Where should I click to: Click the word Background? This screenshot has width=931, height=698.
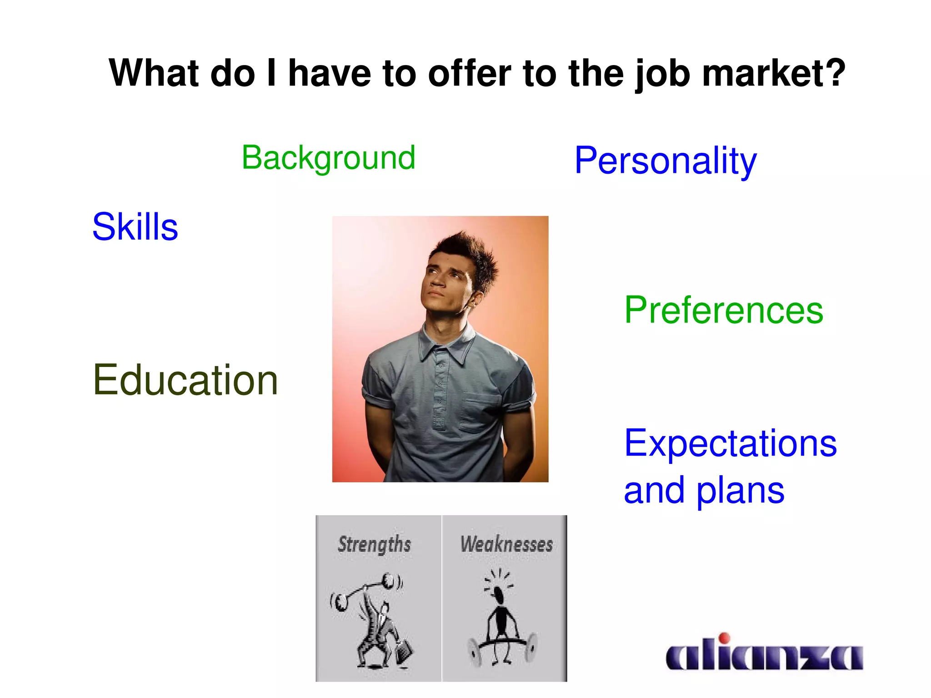pyautogui.click(x=328, y=158)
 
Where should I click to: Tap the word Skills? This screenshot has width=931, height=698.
pyautogui.click(x=135, y=226)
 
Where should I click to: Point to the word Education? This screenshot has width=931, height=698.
pyautogui.click(x=185, y=380)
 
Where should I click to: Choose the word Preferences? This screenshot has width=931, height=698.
pyautogui.click(x=723, y=310)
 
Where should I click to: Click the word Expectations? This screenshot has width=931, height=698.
pyautogui.click(x=730, y=443)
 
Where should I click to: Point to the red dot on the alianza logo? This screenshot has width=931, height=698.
pyautogui.click(x=725, y=638)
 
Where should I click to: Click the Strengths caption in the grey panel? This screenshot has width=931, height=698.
pyautogui.click(x=374, y=544)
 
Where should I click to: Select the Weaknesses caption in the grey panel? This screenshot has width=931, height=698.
pyautogui.click(x=506, y=544)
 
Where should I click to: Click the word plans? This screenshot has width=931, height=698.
pyautogui.click(x=740, y=491)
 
